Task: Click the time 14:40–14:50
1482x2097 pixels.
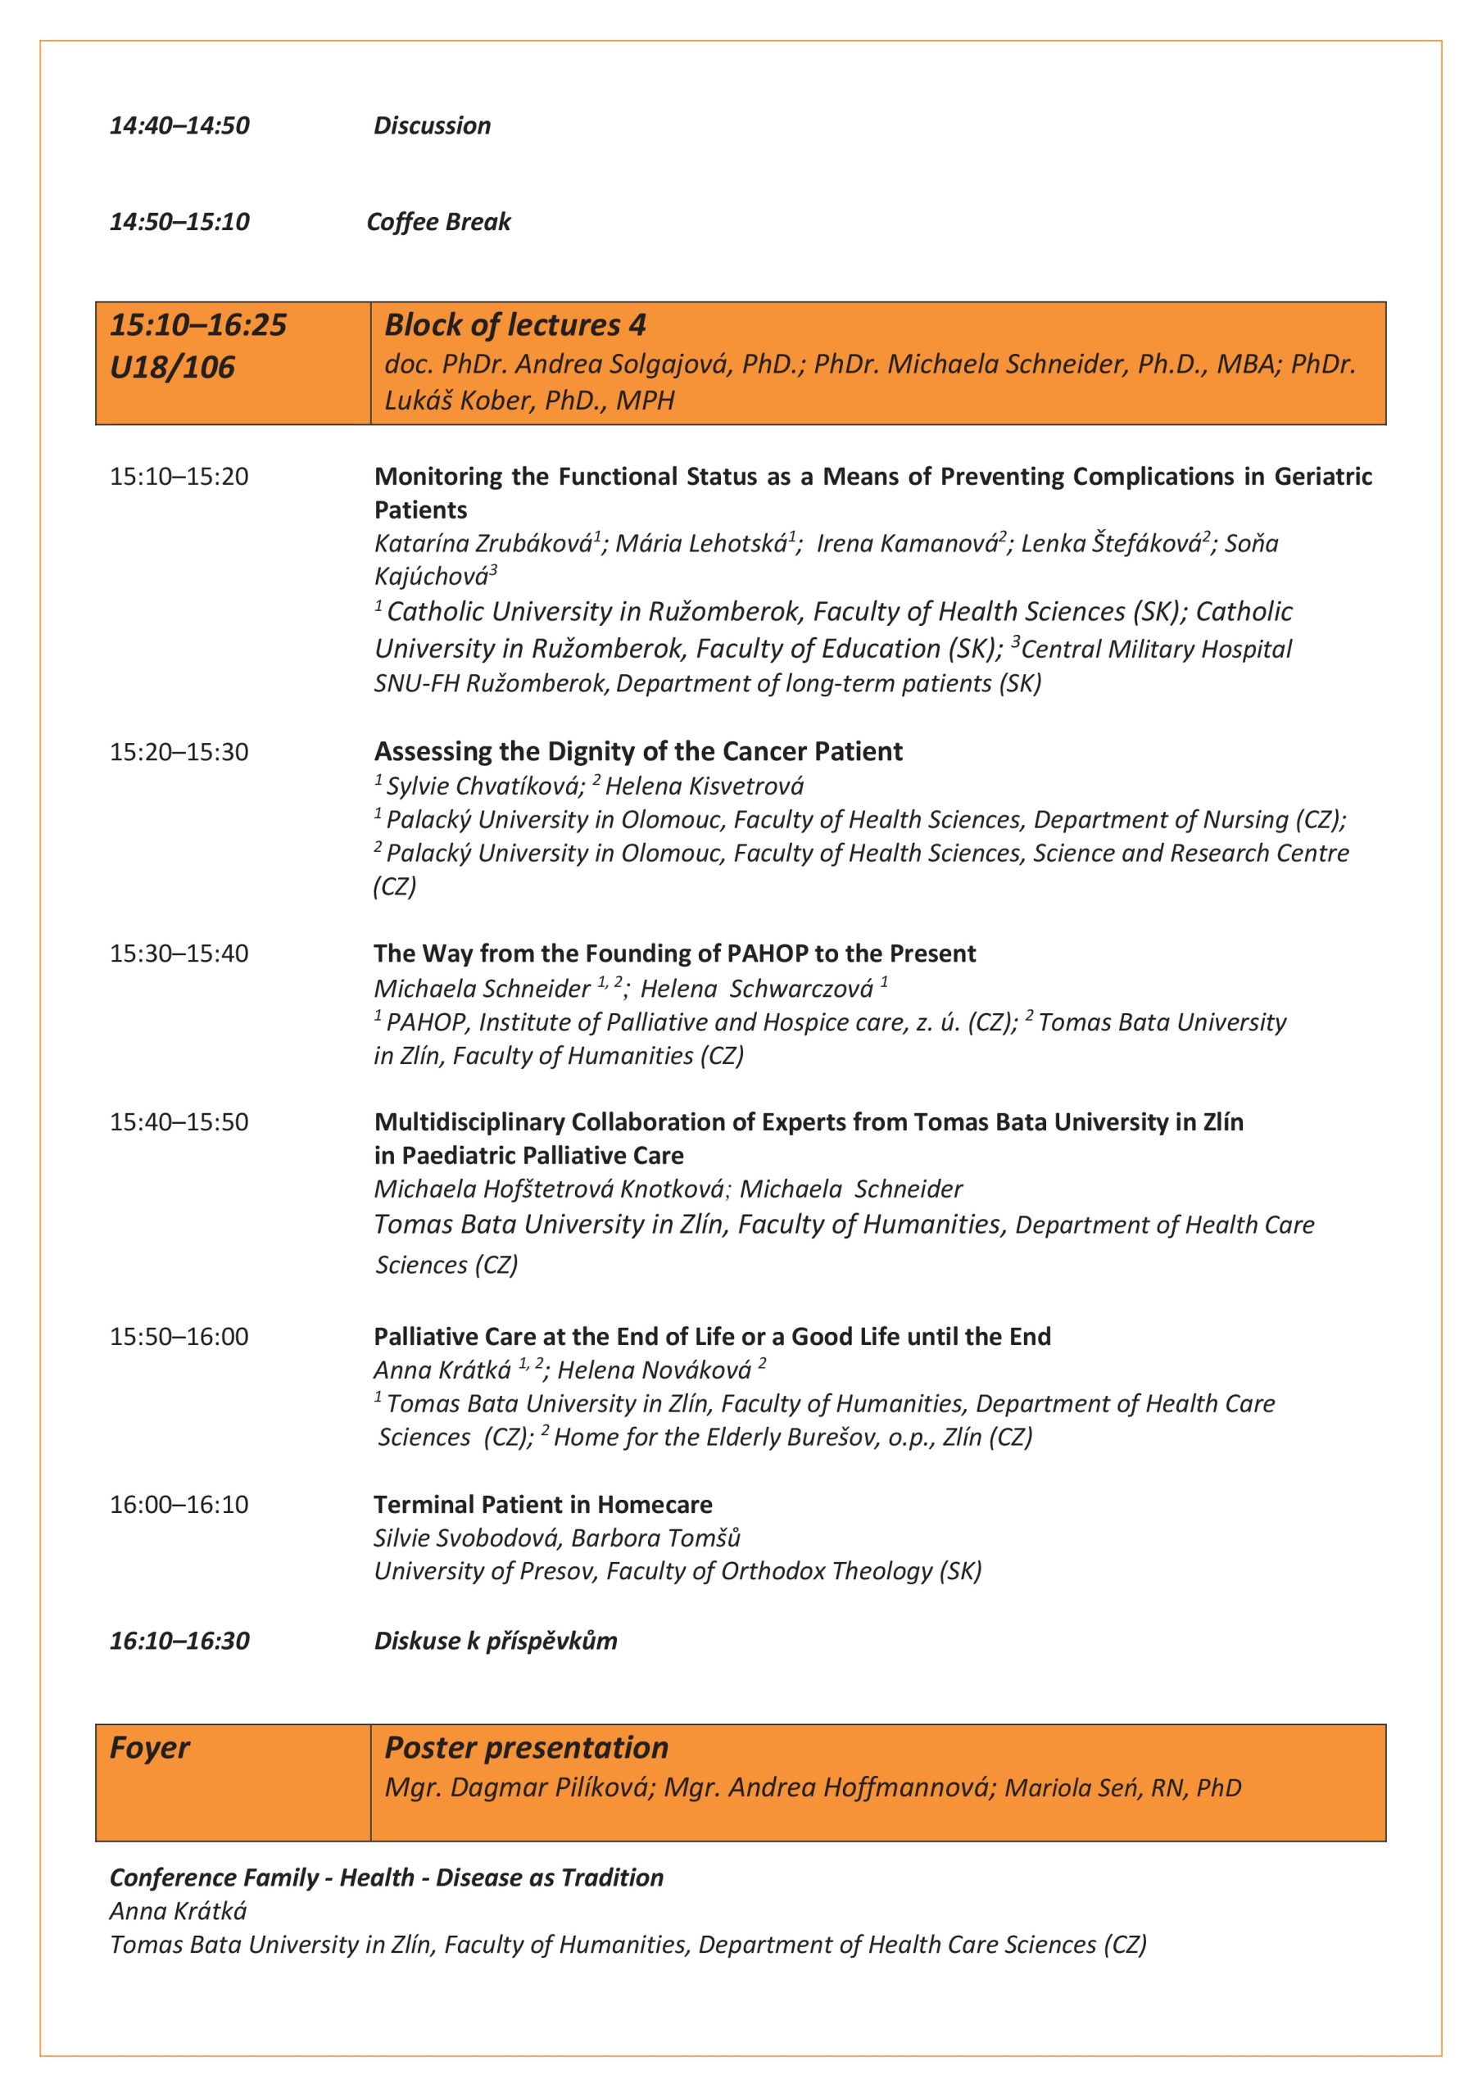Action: [179, 125]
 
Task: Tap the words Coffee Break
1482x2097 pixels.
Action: [437, 222]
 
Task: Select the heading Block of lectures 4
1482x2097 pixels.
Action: [514, 325]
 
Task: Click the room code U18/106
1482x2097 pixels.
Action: [172, 367]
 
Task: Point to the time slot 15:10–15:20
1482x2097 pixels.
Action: [179, 477]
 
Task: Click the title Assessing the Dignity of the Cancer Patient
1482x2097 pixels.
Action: [637, 752]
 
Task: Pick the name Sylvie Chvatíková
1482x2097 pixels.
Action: [484, 786]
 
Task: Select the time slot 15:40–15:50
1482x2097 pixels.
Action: [179, 1122]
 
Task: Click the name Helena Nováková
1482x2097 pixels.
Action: [655, 1370]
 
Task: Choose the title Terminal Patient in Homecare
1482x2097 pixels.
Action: [542, 1504]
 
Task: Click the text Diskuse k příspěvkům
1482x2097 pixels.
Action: [495, 1641]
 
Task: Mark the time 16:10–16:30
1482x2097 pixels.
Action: [179, 1641]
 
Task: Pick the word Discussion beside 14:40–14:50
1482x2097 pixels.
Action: [433, 125]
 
